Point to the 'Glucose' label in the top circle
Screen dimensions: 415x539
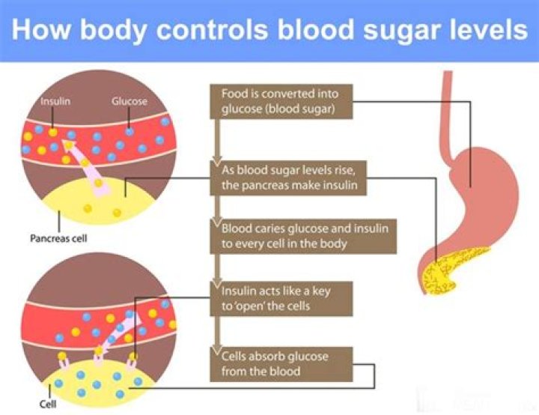(129, 101)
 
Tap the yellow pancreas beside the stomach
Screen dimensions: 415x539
(438, 274)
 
